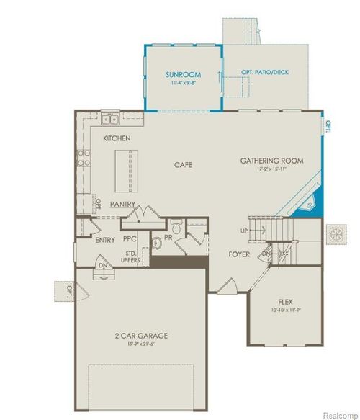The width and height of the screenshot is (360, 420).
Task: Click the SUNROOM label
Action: coord(182,74)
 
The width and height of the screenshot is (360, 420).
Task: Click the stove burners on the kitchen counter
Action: coord(85,157)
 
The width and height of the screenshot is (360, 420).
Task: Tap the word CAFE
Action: coord(184,165)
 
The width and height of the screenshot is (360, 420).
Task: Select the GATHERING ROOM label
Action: coord(271,161)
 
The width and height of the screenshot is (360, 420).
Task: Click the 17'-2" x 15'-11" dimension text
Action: coord(271,170)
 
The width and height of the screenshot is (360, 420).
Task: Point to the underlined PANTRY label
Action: coord(122,205)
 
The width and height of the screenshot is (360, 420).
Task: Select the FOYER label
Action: coord(240,254)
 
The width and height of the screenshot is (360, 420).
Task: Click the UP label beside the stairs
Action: coord(243,231)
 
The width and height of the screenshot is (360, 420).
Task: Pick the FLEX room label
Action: coord(285,302)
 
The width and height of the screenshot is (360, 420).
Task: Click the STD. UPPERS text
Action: coord(132,257)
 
